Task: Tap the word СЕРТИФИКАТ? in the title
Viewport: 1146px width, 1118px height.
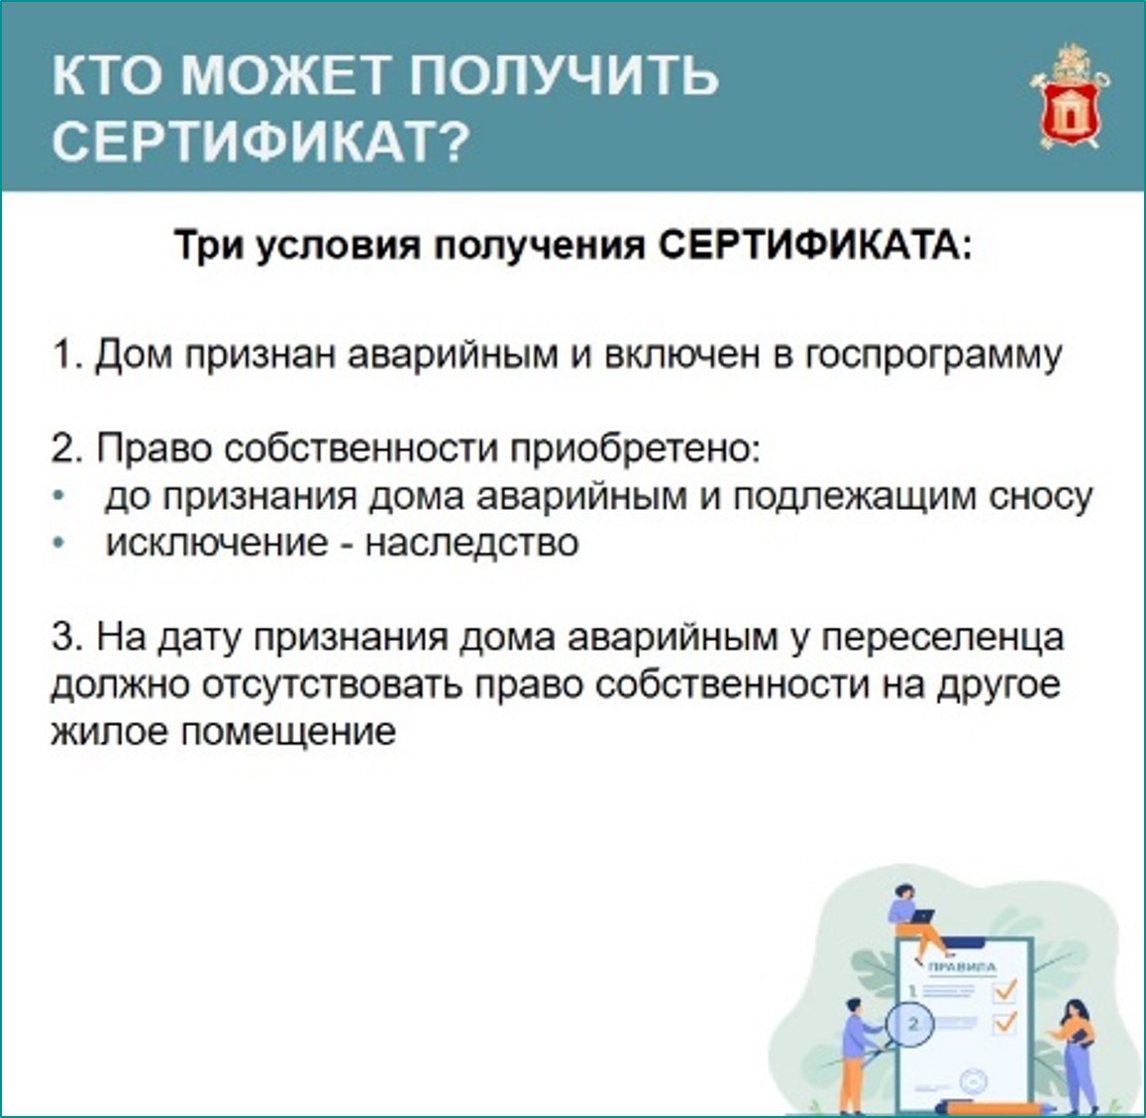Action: click(x=260, y=141)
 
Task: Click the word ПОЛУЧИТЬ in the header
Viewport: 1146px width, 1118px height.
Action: click(x=564, y=74)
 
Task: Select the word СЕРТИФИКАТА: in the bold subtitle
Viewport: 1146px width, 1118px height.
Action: click(x=816, y=246)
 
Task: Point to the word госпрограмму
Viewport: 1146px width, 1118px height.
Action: click(x=933, y=356)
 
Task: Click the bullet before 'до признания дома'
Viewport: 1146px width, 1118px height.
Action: click(x=59, y=496)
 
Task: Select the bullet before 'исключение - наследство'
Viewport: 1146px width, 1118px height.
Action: click(x=59, y=543)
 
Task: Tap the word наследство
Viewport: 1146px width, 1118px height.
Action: click(x=472, y=543)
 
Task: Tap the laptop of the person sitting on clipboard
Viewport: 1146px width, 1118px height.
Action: click(x=922, y=916)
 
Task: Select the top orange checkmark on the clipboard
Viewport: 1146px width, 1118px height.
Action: click(x=1005, y=991)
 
